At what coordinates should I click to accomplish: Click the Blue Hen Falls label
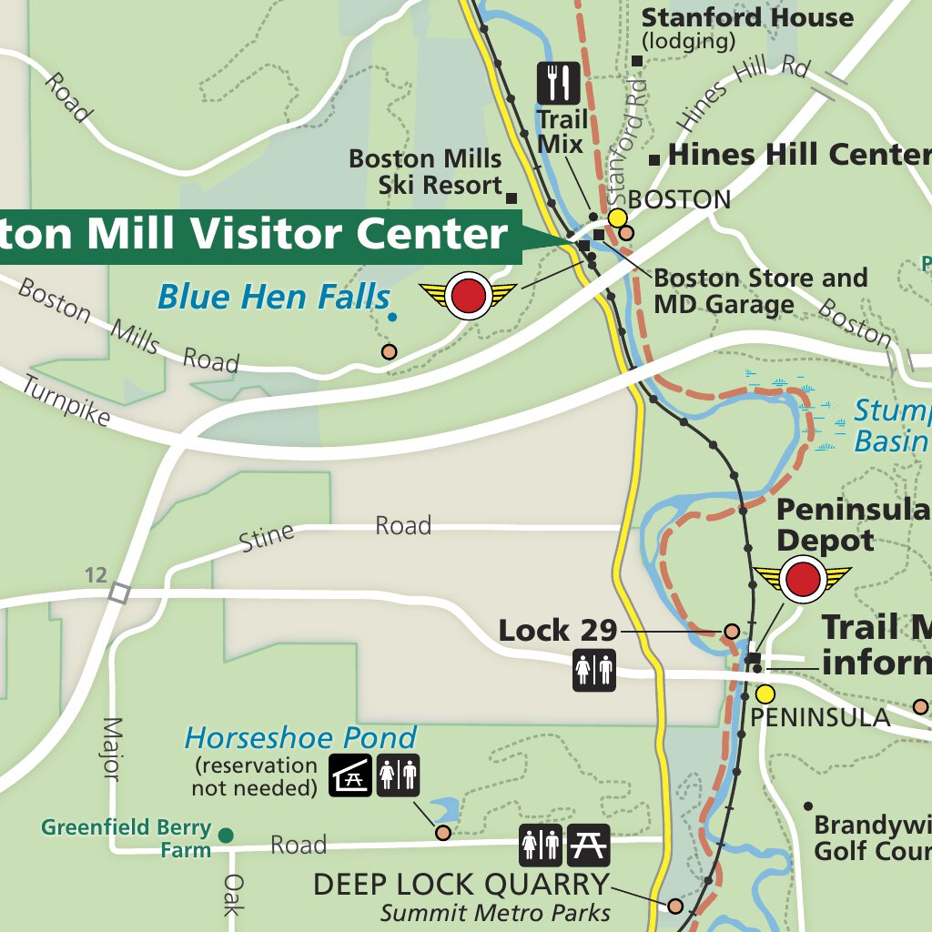tap(273, 298)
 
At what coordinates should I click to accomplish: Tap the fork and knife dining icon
tap(558, 83)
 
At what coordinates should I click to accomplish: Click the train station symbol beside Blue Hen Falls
tap(468, 295)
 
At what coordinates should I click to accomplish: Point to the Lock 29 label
tap(557, 630)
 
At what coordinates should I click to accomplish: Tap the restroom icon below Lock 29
tap(593, 670)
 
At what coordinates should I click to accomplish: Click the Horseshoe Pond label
tap(300, 737)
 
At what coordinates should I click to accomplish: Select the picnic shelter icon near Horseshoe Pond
tap(350, 775)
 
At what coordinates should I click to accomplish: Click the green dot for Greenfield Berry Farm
tap(226, 835)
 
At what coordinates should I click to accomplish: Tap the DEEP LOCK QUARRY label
tap(461, 884)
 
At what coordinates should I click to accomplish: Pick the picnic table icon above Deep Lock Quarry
tap(588, 846)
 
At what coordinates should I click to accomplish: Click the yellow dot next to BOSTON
tap(617, 218)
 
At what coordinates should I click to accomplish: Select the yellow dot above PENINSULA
tap(765, 694)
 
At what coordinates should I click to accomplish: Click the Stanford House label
tap(747, 17)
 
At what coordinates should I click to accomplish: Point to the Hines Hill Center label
tap(799, 155)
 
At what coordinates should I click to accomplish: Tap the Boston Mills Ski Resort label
tap(425, 171)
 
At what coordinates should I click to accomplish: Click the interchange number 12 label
tap(96, 574)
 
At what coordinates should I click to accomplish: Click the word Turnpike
tap(65, 401)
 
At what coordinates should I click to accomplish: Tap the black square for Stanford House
tap(638, 61)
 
